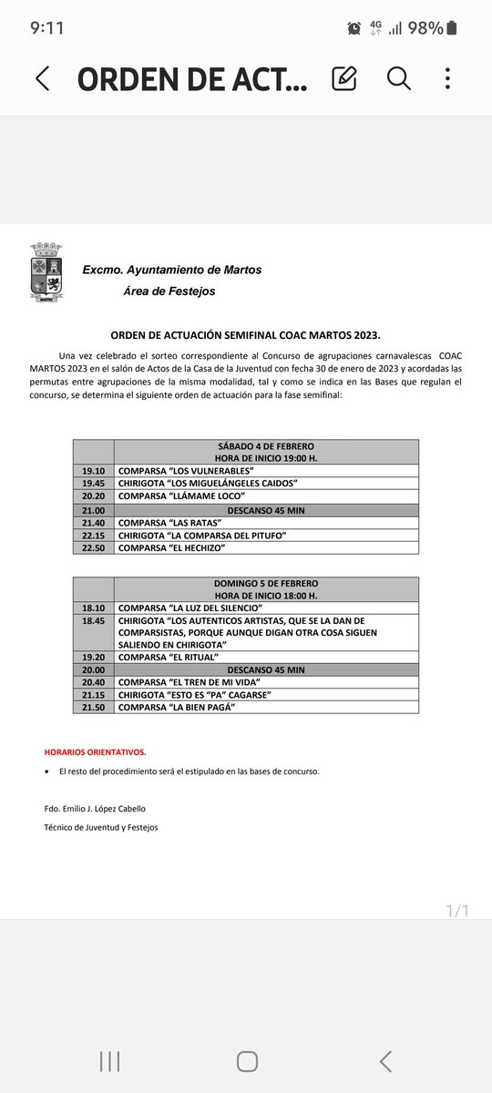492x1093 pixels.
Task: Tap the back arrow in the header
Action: click(x=42, y=78)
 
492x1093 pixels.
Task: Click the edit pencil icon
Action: click(x=344, y=78)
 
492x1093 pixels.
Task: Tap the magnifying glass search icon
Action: click(x=399, y=78)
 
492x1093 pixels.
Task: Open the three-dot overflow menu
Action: click(x=447, y=78)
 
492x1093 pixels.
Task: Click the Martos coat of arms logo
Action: click(x=46, y=272)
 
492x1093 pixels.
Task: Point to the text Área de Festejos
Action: click(x=169, y=291)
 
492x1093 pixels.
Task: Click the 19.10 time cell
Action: click(x=93, y=471)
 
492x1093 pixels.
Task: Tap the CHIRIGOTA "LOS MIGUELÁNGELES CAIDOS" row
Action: click(x=209, y=484)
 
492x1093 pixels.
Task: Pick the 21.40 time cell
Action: click(x=93, y=523)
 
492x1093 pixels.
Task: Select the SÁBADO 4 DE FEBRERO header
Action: click(x=265, y=446)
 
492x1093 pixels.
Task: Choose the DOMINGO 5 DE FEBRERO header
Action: click(x=265, y=583)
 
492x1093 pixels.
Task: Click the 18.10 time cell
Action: click(x=93, y=608)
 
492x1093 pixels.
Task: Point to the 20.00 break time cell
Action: click(x=93, y=669)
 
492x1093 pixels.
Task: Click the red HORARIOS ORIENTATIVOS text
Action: click(x=95, y=752)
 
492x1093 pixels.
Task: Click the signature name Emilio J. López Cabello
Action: click(x=95, y=809)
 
